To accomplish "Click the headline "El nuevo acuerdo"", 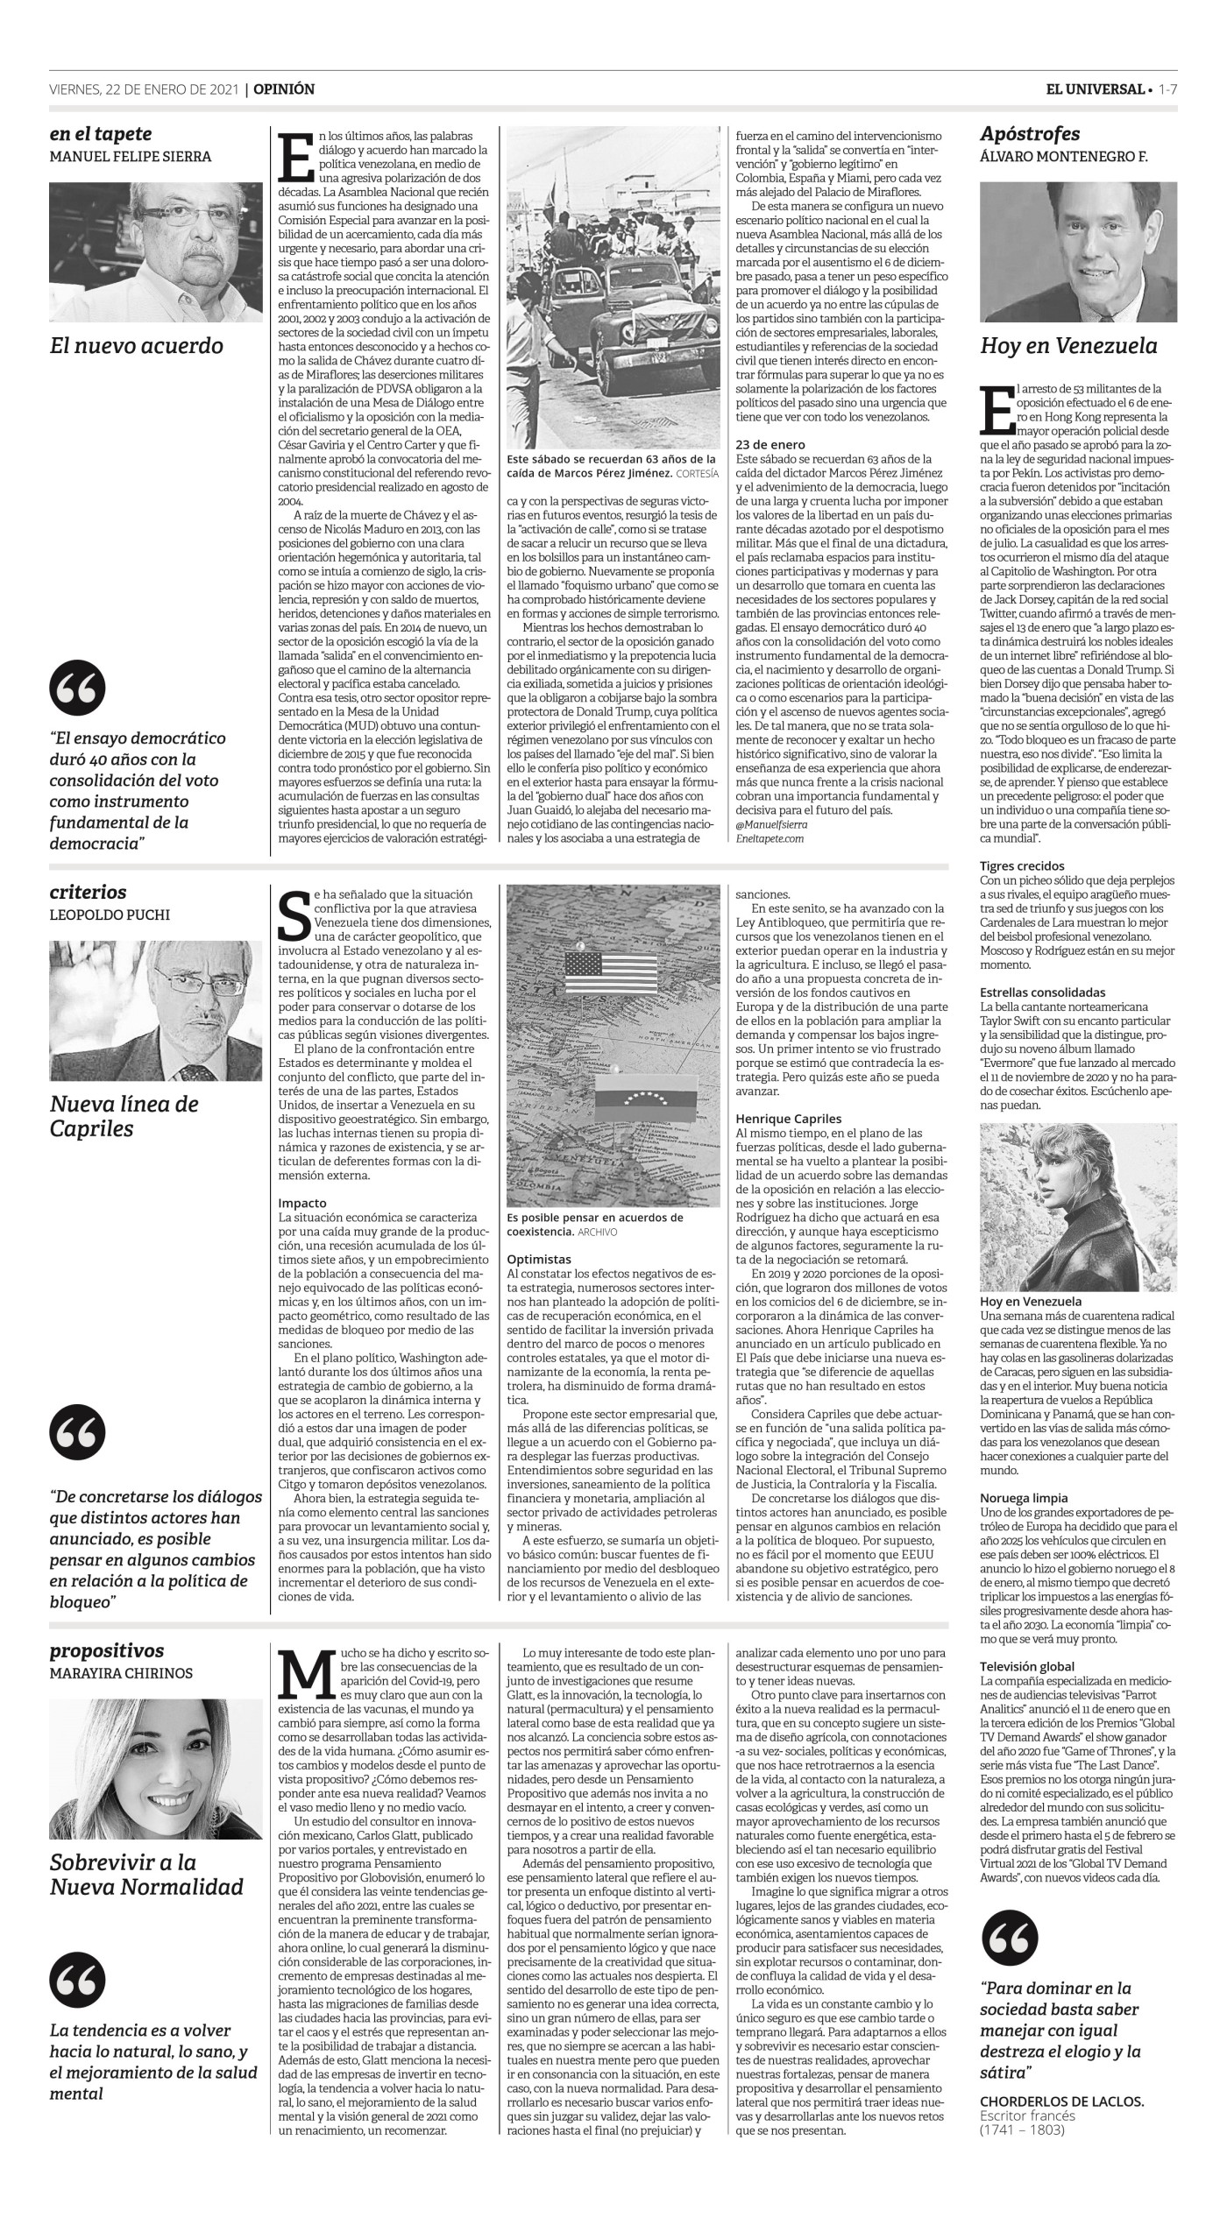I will (x=137, y=346).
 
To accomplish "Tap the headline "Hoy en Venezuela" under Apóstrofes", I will (x=1068, y=346).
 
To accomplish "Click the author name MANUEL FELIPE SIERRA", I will (x=131, y=157).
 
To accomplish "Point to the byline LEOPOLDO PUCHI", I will (x=110, y=915).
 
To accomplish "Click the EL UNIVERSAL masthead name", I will (x=1095, y=89).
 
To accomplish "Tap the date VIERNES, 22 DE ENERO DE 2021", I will (x=144, y=89).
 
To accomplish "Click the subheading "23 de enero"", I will (x=770, y=445).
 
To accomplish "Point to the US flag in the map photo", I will (x=611, y=971).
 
